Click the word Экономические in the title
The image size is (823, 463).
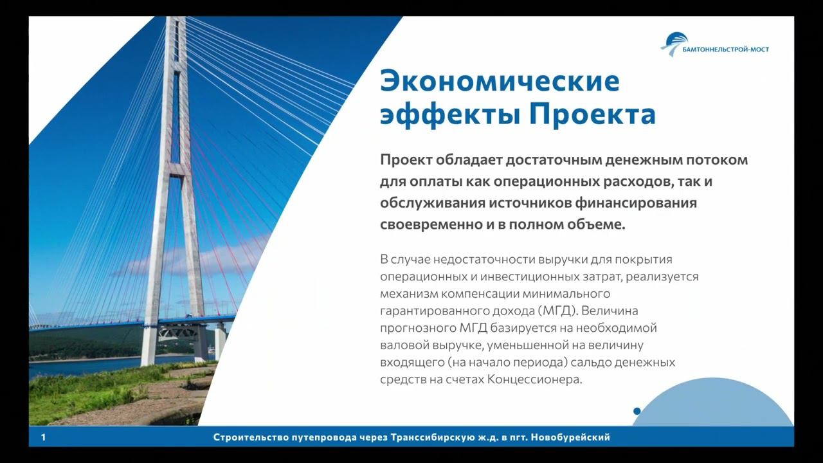coord(499,81)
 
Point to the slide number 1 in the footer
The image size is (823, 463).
coord(42,438)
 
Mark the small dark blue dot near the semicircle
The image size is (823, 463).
coord(637,411)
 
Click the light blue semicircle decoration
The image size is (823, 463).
coord(712,405)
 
